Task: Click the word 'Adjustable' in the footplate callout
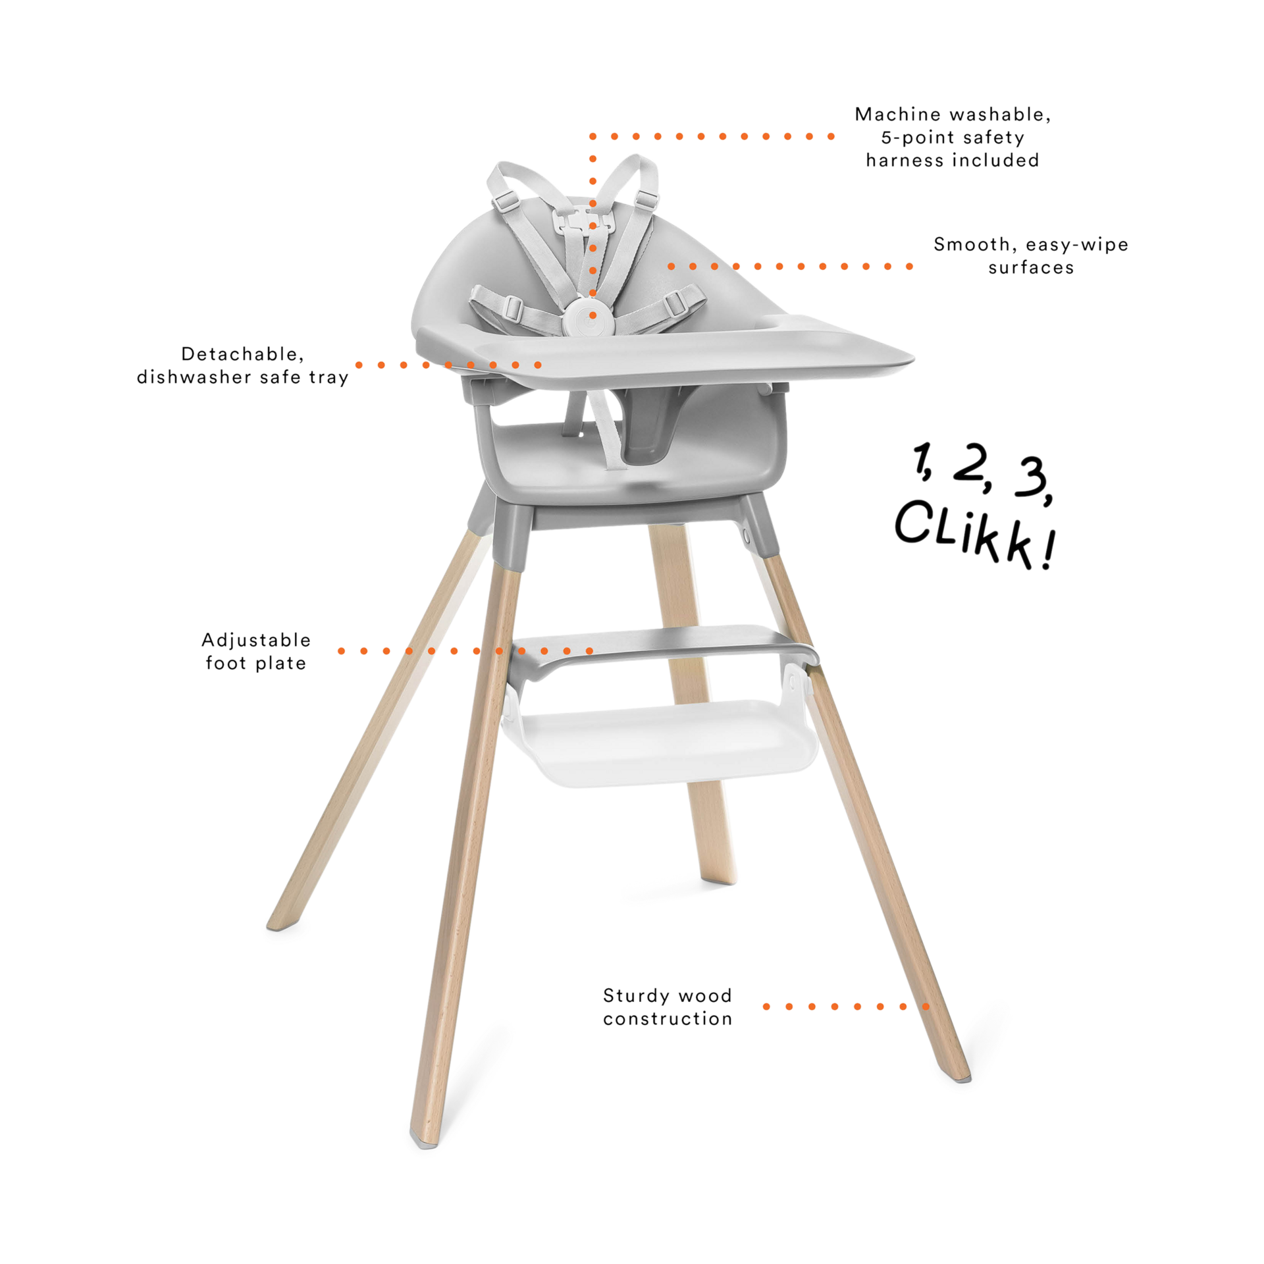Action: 256,640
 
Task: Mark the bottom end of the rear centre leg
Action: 719,879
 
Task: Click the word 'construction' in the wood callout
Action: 668,1019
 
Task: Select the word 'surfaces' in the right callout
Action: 1031,268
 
